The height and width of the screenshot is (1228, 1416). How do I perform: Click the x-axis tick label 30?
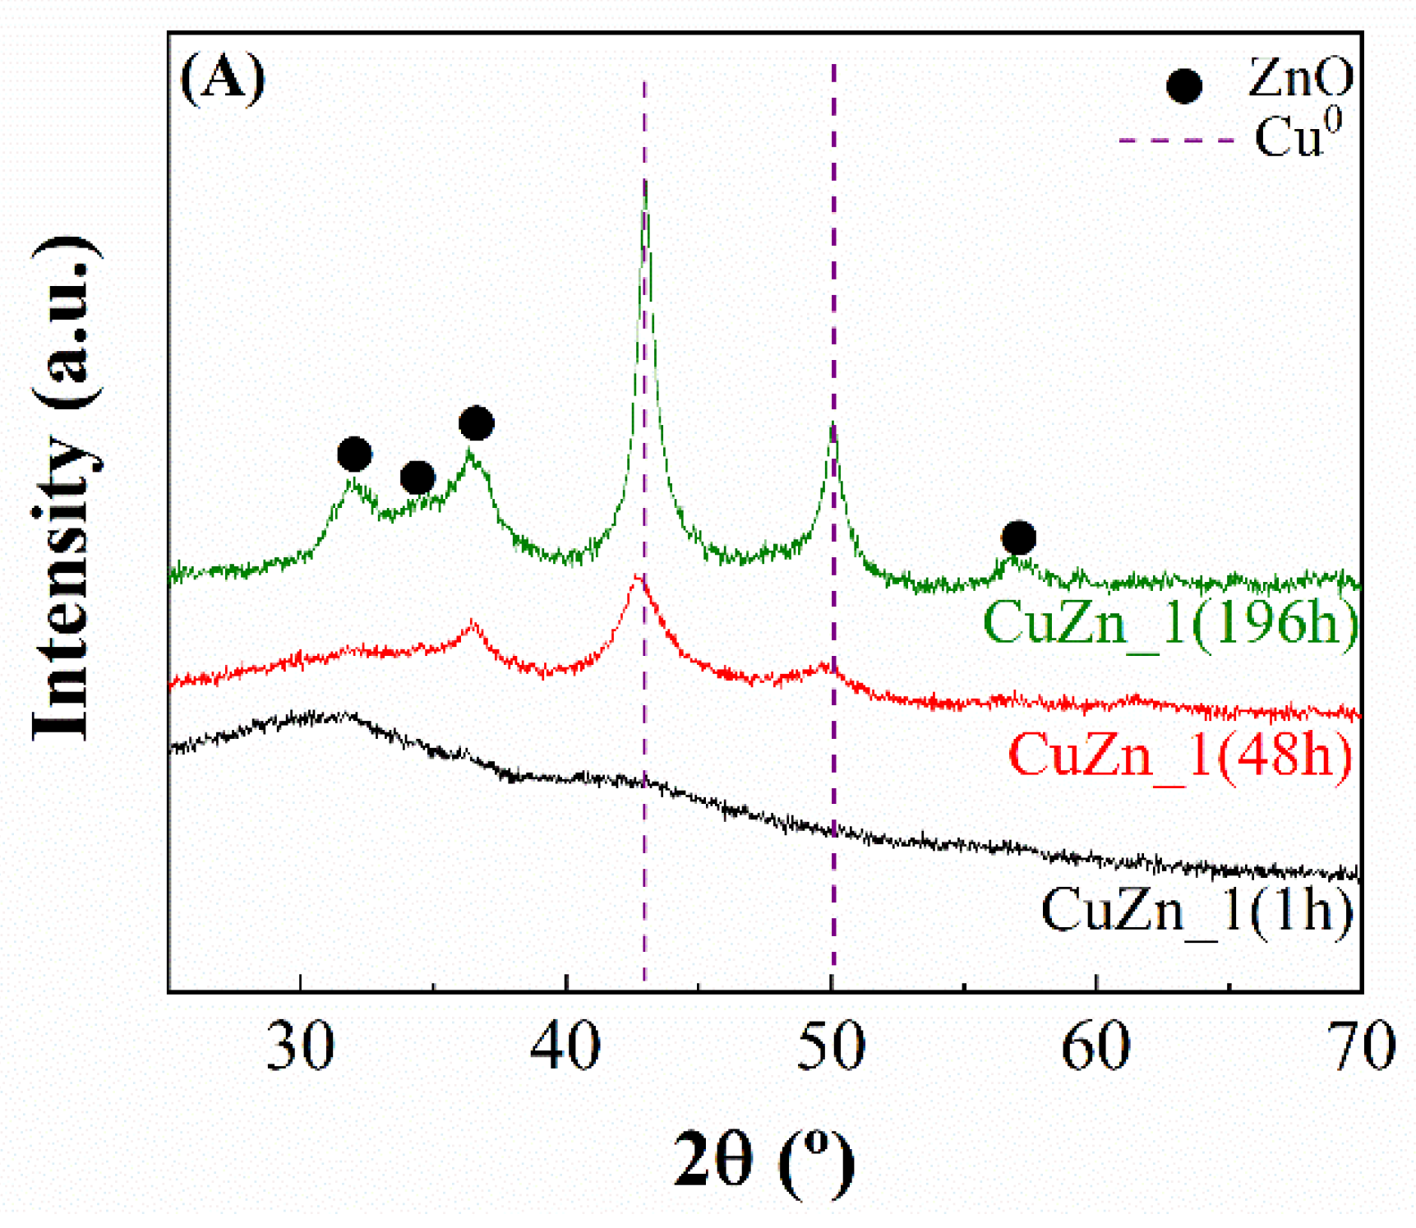coord(301,1047)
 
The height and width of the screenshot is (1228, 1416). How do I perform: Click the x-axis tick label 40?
coord(565,1047)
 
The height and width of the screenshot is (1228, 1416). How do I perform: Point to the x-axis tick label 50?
coord(832,1047)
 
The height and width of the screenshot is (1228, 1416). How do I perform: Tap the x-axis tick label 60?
coord(1096,1047)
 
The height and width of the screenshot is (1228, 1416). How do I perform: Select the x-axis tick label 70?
coord(1362,1047)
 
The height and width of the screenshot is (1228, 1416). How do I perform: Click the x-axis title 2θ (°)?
coord(763,1160)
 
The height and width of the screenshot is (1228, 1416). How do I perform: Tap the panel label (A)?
coord(223,78)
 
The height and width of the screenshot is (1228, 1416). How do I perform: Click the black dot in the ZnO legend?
coord(1184,85)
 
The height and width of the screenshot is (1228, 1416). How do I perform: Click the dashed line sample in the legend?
coord(1176,141)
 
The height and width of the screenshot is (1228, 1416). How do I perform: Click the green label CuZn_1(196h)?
coord(1170,622)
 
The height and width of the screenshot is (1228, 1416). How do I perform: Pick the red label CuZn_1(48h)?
coord(1180,754)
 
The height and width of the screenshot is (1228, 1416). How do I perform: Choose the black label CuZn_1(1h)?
coord(1197,910)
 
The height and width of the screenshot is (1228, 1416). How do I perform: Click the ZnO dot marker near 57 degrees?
coord(1018,538)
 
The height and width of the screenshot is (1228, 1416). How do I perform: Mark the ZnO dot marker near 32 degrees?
coord(354,454)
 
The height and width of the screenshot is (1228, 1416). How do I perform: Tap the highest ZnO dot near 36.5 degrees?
coord(476,423)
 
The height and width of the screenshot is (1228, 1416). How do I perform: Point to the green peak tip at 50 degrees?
coord(833,425)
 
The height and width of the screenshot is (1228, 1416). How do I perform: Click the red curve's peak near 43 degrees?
coord(636,578)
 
